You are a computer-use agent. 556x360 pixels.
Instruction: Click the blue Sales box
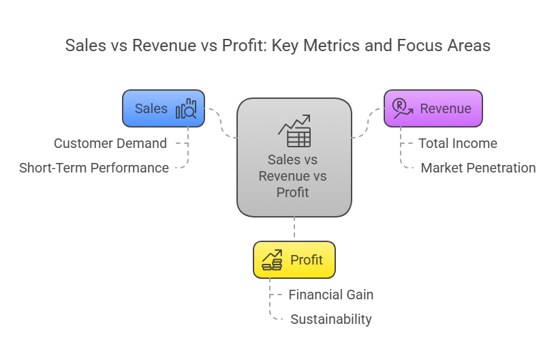point(164,108)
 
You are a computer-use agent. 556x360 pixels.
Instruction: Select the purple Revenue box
point(433,108)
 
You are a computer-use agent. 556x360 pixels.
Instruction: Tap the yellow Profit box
point(294,260)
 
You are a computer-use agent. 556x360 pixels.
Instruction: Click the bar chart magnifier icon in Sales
point(186,108)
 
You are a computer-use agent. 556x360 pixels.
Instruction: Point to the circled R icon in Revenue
point(403,108)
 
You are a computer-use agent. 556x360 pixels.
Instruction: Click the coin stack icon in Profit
point(272,260)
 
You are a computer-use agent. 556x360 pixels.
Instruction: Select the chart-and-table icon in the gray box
point(294,130)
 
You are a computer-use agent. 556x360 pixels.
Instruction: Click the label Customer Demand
point(110,144)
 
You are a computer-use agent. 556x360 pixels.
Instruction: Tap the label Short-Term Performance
point(94,168)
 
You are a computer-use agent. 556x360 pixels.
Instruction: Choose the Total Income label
point(458,144)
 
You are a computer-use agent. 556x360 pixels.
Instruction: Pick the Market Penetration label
point(478,168)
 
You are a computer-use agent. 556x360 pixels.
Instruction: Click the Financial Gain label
point(331,295)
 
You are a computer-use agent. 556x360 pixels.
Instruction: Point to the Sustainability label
point(331,320)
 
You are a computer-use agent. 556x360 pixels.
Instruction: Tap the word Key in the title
point(285,46)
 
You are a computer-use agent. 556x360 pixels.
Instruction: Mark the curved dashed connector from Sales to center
point(221,123)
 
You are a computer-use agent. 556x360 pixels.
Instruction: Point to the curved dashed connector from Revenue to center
point(368,123)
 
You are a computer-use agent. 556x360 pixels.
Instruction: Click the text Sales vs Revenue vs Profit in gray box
point(292,177)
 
